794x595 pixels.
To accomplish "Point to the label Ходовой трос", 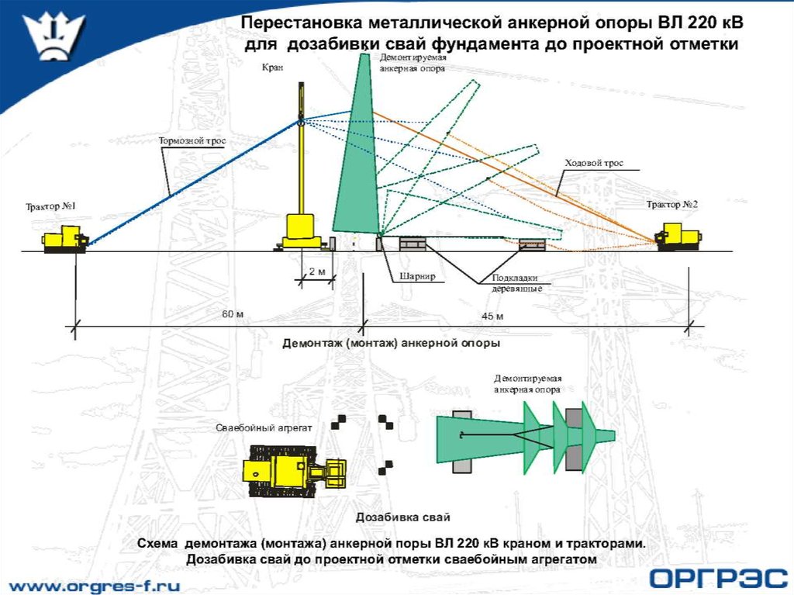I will [x=593, y=163].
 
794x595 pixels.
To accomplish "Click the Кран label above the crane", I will [x=273, y=68].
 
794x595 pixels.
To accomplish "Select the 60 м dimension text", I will [x=233, y=314].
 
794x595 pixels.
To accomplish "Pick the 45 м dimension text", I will [x=492, y=316].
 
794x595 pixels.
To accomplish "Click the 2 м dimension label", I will [x=316, y=271].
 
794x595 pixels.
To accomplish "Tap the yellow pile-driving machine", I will [x=291, y=470].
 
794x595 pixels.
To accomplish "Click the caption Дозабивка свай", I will [x=402, y=517].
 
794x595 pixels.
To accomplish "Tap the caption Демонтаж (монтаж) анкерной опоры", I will [x=391, y=342].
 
